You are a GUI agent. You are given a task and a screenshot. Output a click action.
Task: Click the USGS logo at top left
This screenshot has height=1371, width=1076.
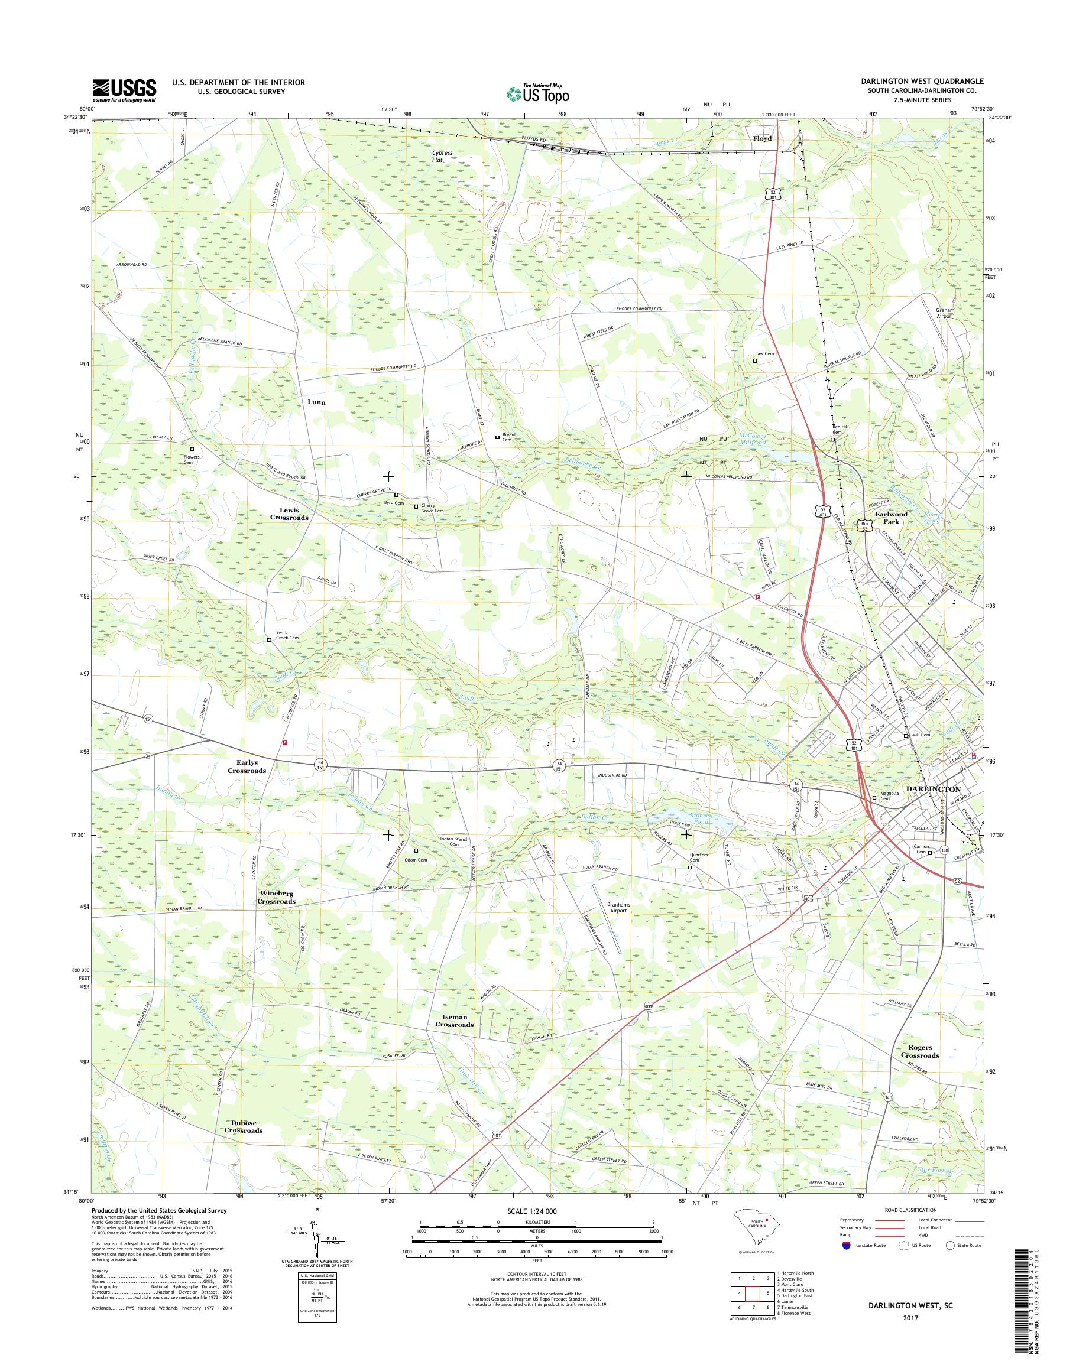[x=125, y=90]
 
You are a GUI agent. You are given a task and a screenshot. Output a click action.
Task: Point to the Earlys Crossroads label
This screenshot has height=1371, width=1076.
[x=247, y=766]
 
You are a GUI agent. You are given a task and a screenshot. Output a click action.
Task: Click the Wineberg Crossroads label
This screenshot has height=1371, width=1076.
[x=276, y=897]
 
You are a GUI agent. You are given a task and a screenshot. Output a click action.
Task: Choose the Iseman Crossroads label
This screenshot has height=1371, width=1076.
[x=455, y=1020]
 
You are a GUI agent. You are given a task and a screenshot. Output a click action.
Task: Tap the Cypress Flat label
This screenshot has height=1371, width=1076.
[x=442, y=156]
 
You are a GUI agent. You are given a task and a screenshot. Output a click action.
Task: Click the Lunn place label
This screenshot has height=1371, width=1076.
[x=316, y=402]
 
